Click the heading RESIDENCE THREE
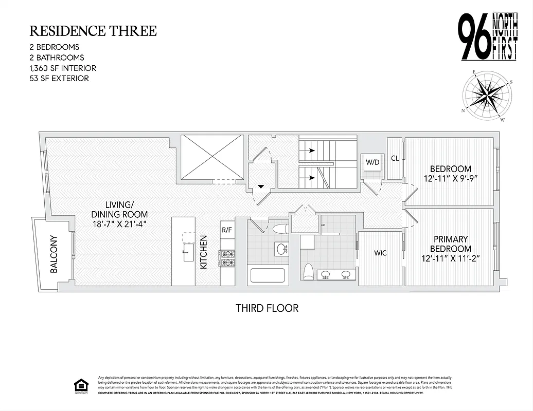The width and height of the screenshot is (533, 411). click(93, 31)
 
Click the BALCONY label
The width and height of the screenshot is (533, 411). click(54, 254)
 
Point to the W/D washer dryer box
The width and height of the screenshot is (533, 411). click(372, 163)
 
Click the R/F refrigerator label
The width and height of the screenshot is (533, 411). click(227, 230)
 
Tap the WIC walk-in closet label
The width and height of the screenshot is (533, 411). click(380, 253)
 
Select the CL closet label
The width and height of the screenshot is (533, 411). click(395, 159)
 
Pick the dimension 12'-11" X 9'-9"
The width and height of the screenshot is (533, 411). click(450, 179)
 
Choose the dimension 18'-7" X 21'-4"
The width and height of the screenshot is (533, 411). click(119, 225)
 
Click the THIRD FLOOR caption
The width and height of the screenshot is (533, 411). click(267, 308)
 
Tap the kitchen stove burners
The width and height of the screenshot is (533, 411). click(227, 258)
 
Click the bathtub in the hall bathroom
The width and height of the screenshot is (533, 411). click(267, 275)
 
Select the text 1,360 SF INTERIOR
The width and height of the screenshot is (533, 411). click(63, 68)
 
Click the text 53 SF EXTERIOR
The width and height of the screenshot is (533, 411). click(59, 78)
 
